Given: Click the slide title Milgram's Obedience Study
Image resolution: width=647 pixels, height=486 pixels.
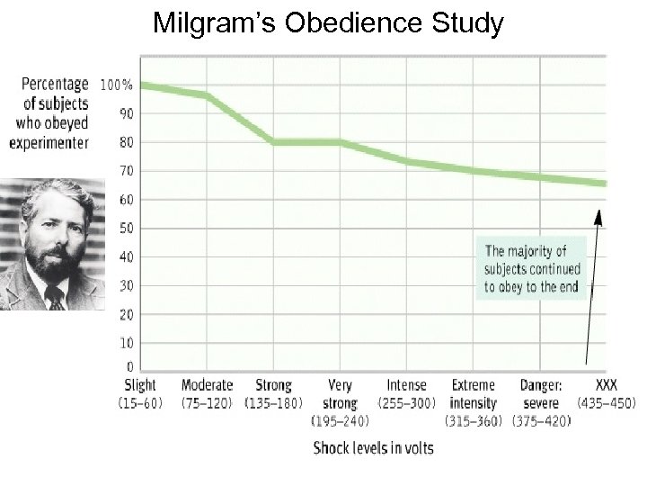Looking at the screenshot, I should tap(328, 23).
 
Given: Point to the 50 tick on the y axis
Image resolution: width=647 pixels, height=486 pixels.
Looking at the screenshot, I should tap(126, 228).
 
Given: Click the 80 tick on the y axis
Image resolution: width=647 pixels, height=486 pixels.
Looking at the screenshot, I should tap(126, 142).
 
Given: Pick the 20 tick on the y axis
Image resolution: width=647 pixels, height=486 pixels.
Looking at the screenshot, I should tap(126, 314).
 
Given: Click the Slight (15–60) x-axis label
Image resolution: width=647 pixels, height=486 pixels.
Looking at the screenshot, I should tap(139, 394).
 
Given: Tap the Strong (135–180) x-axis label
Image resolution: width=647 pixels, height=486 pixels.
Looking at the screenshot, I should tap(273, 394).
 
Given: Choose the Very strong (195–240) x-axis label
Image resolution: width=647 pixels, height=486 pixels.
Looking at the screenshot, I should tap(340, 402).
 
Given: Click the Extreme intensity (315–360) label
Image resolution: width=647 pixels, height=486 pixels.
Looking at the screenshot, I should tap(474, 402).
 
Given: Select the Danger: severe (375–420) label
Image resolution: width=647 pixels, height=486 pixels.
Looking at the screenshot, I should tap(540, 402).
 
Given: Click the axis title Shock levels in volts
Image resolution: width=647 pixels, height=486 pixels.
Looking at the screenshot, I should tap(373, 448).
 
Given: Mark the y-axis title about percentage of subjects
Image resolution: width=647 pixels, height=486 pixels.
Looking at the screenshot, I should tap(50, 112).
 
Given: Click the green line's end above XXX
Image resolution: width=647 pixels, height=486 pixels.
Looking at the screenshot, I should tap(604, 184).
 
